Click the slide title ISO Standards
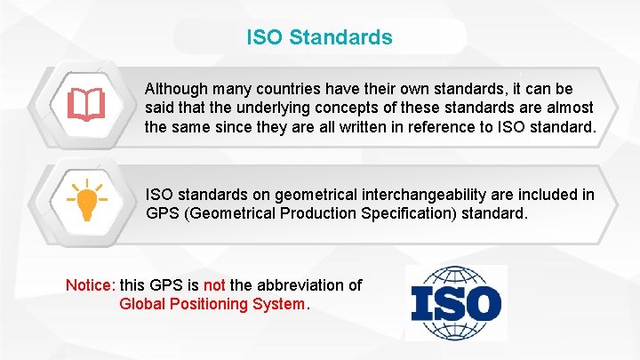point(319,38)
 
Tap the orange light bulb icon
point(87,202)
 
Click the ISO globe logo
point(456,302)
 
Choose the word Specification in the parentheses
point(397,213)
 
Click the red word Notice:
point(90,285)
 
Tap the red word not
point(214,285)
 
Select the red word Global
point(141,304)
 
